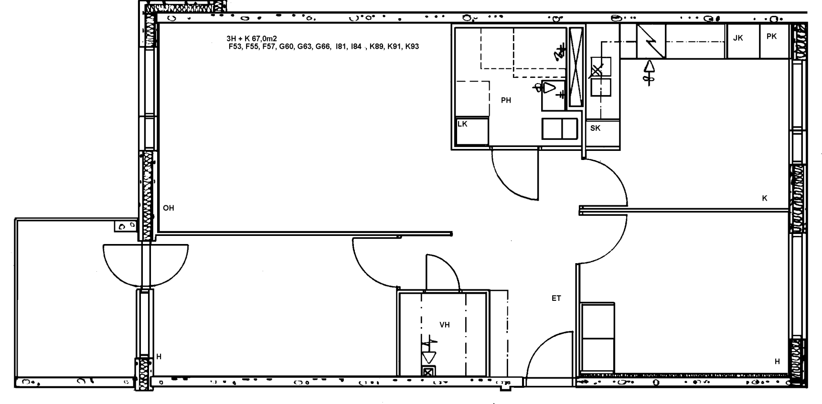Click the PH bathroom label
[x=506, y=100]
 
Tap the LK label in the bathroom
[x=462, y=124]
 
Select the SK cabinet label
[x=595, y=128]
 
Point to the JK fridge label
[x=738, y=38]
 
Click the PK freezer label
[x=771, y=36]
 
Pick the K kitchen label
[x=765, y=198]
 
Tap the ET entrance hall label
[x=556, y=298]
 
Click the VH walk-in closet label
[x=445, y=325]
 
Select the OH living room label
[x=169, y=208]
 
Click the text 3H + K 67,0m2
[x=252, y=39]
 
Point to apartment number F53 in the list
[x=235, y=47]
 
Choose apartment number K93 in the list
[x=412, y=47]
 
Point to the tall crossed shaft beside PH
[x=576, y=67]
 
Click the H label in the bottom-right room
[x=777, y=362]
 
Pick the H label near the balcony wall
[x=159, y=357]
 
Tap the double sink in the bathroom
[x=560, y=128]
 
